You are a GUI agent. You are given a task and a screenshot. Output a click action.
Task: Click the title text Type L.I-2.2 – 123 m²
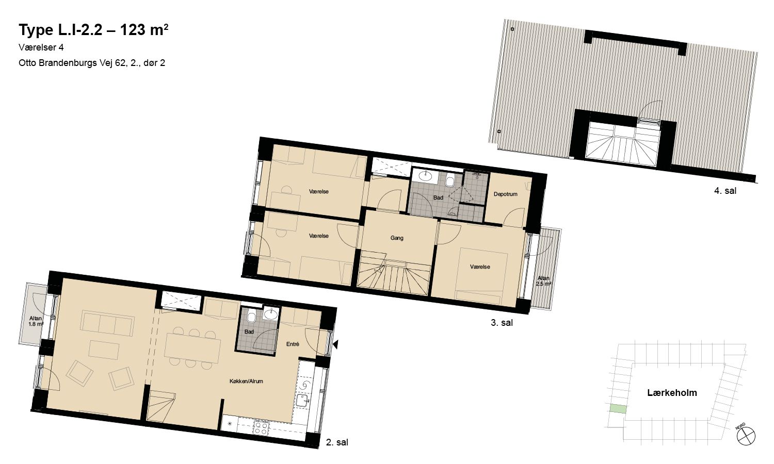pos(93,30)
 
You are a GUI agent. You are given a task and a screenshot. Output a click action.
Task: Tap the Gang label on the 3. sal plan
pos(397,238)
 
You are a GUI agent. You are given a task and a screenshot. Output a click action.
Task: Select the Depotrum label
pos(505,194)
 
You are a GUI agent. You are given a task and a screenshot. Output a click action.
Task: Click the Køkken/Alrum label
pos(246,381)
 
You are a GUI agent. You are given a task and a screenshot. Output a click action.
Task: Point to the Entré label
pos(293,344)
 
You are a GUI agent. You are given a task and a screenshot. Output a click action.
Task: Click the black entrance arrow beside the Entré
pos(335,344)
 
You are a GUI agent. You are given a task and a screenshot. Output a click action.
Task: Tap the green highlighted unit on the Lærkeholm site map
pos(618,409)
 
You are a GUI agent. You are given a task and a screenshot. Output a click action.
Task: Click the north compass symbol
pos(746,436)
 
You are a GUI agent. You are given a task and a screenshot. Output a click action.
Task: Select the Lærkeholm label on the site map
pos(672,392)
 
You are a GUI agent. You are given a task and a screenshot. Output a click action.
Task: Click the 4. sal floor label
pos(725,191)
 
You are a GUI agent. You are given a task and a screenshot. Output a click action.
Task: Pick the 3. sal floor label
pos(502,322)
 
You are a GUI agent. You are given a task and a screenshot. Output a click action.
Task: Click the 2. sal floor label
pos(337,442)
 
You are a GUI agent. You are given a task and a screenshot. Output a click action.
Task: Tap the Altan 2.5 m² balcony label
pos(543,281)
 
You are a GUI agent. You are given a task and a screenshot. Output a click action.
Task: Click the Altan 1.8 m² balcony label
pos(36,321)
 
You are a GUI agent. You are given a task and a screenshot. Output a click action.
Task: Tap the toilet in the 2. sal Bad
pos(251,315)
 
